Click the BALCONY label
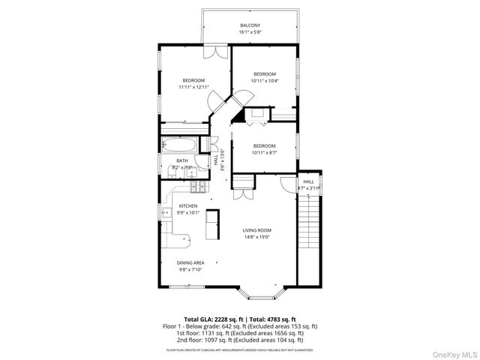point(250,25)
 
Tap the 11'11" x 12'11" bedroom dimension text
point(192,87)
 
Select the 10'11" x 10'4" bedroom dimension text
point(265,81)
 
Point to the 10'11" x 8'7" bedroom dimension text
point(264,153)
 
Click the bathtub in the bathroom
point(179,145)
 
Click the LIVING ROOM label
point(256,230)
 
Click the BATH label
point(182,160)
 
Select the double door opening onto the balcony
point(217,52)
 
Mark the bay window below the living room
point(256,289)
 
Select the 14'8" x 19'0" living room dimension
point(256,238)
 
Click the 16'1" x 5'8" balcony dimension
point(250,32)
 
